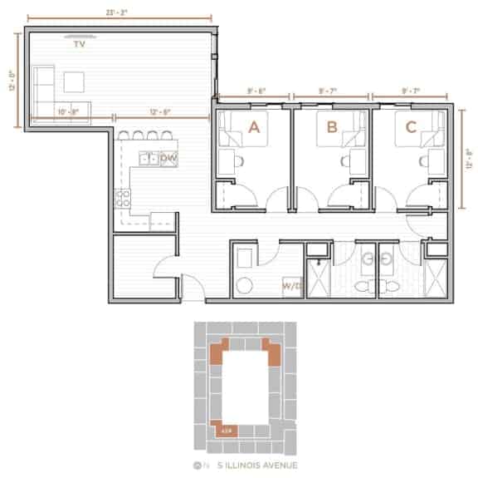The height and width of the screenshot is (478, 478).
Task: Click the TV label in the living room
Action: pos(80,45)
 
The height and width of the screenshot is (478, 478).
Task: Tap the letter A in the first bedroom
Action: pos(255,127)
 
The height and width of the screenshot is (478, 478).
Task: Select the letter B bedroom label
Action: pos(332,127)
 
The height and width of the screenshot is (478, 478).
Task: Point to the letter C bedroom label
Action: pos(410,127)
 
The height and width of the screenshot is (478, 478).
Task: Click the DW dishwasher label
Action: pos(168,158)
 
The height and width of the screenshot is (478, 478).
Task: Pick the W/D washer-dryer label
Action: pos(290,287)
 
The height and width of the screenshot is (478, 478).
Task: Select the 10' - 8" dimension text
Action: pos(68,111)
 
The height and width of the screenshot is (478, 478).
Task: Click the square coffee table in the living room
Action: pos(76,81)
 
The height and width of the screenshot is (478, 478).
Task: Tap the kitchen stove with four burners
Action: pos(124,199)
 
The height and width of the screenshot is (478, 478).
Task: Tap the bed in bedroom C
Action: pos(407,129)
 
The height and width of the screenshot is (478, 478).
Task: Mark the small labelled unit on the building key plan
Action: pos(224,431)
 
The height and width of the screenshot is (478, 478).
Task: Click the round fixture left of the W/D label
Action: pos(244,286)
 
